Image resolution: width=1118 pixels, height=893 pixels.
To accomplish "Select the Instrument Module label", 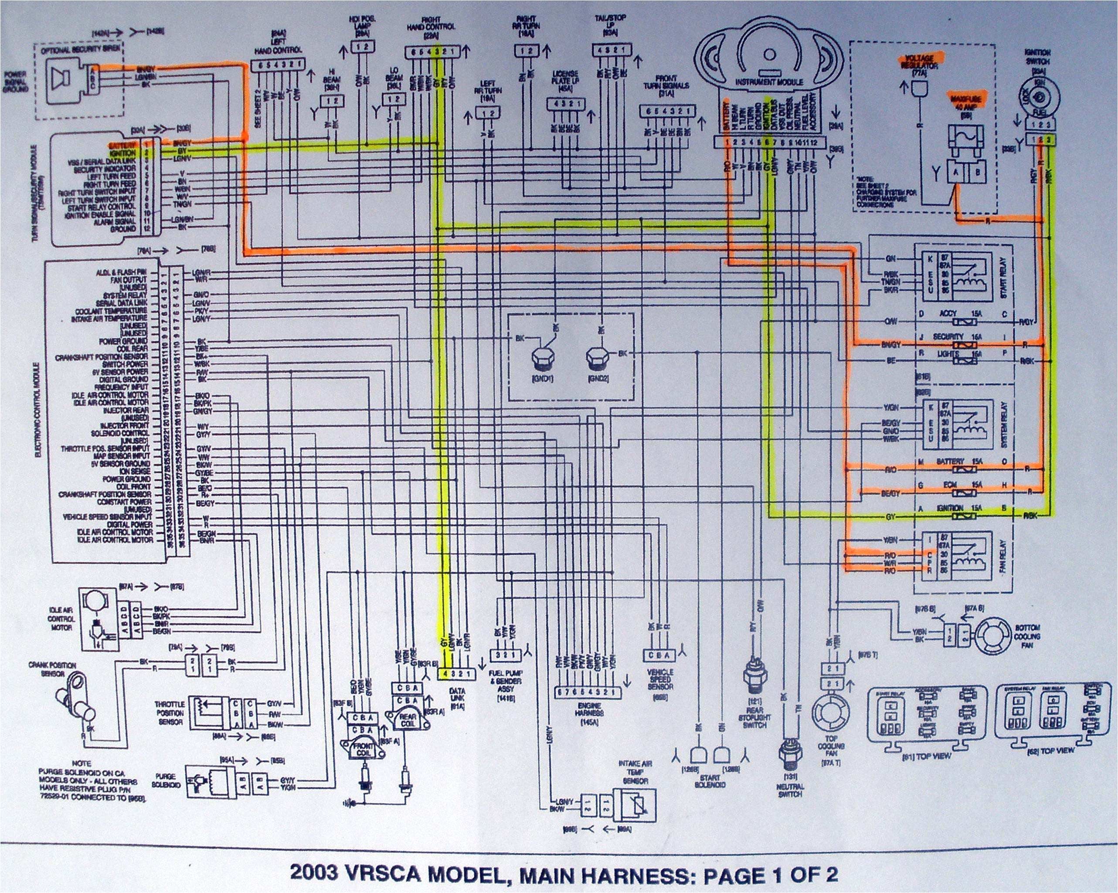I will click(x=769, y=82).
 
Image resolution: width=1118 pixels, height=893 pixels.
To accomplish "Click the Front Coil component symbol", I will click(x=359, y=747).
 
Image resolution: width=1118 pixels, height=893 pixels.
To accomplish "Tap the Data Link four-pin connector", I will click(x=457, y=674).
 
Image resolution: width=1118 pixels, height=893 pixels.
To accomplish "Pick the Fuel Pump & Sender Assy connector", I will click(x=508, y=655).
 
